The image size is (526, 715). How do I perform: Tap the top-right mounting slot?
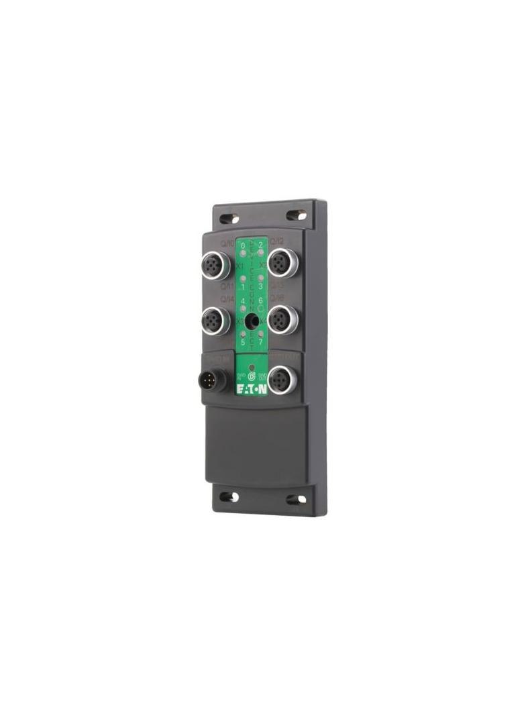296,215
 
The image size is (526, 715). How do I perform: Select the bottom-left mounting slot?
229,497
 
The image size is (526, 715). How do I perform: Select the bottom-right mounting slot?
296,500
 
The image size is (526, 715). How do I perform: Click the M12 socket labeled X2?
282,262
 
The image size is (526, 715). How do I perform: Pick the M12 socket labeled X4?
282,320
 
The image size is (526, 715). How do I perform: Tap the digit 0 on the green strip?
243,246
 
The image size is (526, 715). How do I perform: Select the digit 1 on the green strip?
243,287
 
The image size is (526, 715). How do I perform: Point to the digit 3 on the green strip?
260,287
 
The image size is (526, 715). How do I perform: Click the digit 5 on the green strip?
243,342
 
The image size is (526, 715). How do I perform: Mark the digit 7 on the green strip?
260,342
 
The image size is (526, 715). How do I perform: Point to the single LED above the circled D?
252,368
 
